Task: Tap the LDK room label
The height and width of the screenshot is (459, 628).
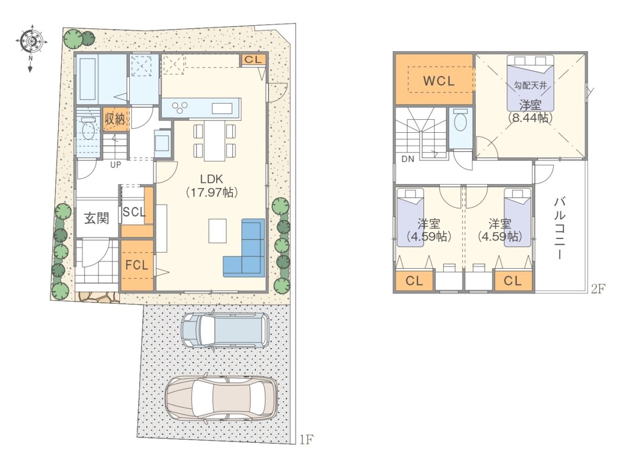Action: pos(211,179)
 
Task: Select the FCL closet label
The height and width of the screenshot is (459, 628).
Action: pos(137,265)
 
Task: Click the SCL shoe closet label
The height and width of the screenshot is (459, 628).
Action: pos(134,212)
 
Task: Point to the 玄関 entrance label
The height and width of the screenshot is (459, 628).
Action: pos(97,219)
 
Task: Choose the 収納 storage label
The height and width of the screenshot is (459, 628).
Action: pos(115,120)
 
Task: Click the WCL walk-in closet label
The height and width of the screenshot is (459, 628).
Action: pos(439,81)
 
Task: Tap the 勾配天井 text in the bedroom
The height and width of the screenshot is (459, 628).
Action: pos(531,85)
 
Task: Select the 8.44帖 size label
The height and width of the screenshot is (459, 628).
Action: pos(530,118)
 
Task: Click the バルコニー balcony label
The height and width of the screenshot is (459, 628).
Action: pos(559,228)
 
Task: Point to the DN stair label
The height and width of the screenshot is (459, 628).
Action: pos(408,159)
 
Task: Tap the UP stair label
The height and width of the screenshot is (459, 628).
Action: pos(116,165)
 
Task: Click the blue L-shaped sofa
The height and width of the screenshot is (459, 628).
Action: pos(244,248)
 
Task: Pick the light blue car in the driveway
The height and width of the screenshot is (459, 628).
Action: pos(226,331)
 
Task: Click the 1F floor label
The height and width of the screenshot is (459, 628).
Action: pos(306,448)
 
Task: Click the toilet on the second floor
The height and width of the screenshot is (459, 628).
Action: pos(461,120)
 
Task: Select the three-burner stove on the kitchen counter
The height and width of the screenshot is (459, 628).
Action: pos(180,108)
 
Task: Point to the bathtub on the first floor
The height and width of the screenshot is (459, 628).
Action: pos(88,79)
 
